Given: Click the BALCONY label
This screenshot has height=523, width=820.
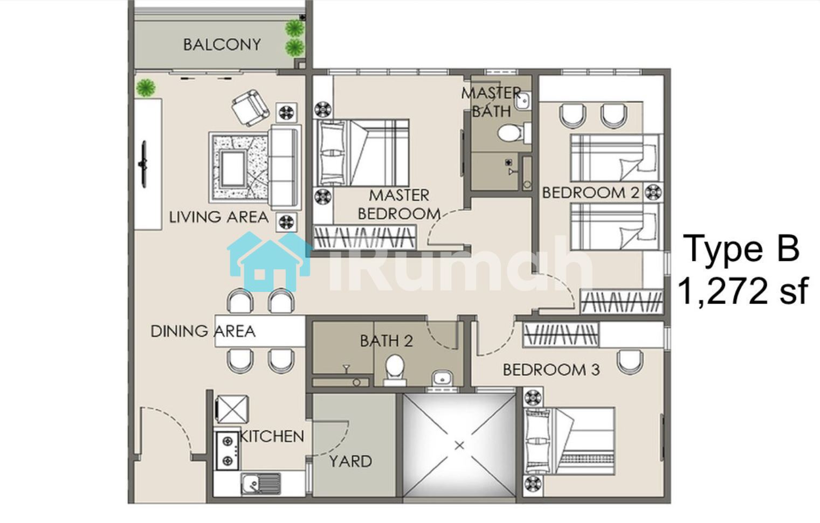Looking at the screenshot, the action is click(222, 45).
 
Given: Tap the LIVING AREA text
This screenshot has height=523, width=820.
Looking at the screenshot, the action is click(218, 217).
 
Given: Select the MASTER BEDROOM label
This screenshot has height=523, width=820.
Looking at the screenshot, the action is click(399, 205).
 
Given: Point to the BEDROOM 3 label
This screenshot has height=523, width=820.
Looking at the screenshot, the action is click(552, 369).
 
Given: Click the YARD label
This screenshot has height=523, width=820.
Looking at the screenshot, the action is click(350, 462).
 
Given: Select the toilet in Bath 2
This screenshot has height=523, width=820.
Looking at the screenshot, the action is click(395, 369).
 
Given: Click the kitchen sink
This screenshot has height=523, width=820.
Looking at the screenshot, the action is click(260, 484).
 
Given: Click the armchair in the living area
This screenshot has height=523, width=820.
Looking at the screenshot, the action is click(251, 108).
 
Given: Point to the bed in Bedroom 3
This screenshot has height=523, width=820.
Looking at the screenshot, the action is click(569, 441).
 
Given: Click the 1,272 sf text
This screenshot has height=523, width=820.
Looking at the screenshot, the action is click(742, 291).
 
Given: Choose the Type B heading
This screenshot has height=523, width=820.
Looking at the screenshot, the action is click(741, 249).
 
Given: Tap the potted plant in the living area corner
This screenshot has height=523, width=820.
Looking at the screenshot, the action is click(146, 88).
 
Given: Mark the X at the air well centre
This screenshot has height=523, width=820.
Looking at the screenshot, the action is click(459, 445).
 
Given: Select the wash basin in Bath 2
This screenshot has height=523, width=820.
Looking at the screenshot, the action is click(442, 378).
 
